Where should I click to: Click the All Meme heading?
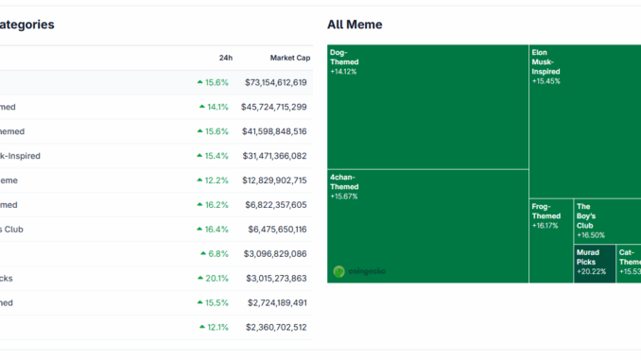355,25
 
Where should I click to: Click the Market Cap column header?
289,58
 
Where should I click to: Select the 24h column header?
225,58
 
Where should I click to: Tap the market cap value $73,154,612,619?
275,82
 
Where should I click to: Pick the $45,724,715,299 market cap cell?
275,107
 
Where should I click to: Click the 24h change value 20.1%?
217,278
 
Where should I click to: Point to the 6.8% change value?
217,253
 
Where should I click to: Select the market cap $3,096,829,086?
275,253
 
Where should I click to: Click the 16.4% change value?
217,229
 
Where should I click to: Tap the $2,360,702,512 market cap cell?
275,327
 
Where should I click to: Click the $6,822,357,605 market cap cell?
275,205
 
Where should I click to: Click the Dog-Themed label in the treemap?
344,57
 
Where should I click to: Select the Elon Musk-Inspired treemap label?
546,61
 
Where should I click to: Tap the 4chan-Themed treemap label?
344,181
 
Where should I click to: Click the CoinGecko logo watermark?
359,271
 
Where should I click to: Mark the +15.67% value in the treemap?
344,197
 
